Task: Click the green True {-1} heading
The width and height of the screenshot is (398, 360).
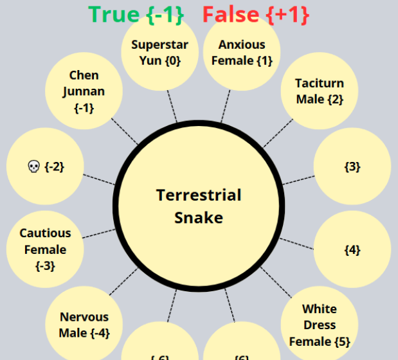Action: tap(136, 14)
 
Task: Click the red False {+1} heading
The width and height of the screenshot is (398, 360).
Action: tap(256, 14)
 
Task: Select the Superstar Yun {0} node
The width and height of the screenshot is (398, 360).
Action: tap(160, 53)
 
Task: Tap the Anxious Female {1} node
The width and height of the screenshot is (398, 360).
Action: tap(242, 53)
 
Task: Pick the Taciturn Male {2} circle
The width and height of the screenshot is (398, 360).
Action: tap(320, 91)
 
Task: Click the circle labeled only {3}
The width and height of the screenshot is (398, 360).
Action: tap(352, 166)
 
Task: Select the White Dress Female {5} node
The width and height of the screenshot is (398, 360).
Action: tap(320, 325)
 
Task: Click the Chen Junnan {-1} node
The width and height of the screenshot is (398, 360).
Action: tap(84, 91)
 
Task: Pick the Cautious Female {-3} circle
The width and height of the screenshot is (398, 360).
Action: tap(45, 249)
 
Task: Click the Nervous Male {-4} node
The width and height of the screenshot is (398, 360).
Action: tap(84, 325)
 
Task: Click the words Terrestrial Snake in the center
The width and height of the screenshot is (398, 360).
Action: tap(199, 206)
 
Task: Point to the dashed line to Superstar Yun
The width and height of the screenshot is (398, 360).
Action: tap(172, 105)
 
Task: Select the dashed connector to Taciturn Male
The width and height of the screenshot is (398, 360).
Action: tap(277, 133)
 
